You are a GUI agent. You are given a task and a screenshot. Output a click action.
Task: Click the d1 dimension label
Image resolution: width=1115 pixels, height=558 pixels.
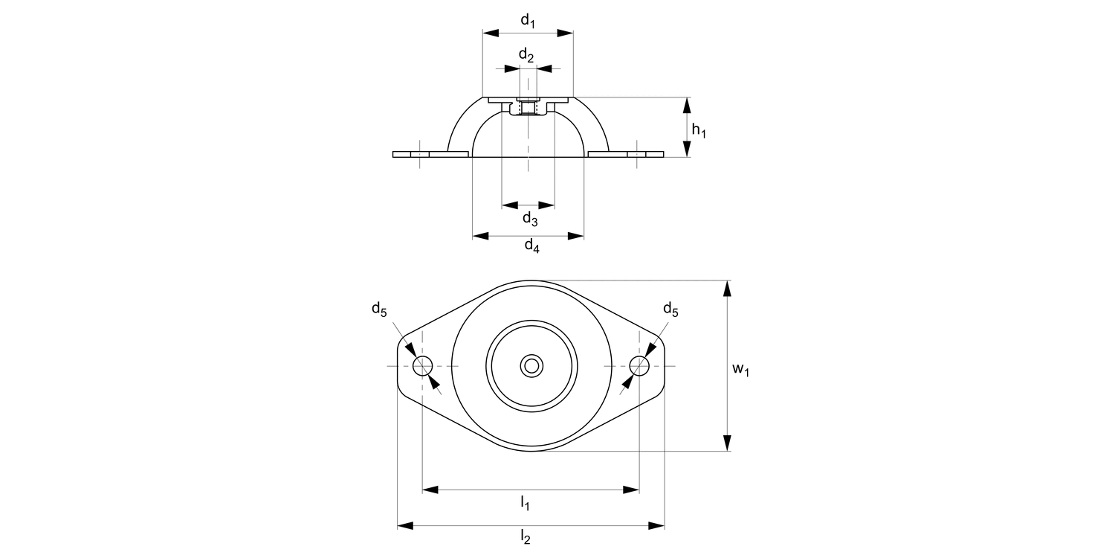(528, 21)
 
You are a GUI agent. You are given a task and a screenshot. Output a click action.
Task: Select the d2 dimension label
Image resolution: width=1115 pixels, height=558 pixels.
(526, 55)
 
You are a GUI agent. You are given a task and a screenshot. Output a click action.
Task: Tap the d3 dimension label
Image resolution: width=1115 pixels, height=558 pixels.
(529, 218)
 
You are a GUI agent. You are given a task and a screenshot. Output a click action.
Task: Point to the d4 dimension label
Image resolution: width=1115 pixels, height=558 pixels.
(531, 245)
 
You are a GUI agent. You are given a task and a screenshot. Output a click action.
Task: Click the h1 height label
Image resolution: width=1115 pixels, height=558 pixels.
(699, 130)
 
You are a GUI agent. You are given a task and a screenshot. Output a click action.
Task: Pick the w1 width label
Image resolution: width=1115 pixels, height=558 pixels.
(740, 369)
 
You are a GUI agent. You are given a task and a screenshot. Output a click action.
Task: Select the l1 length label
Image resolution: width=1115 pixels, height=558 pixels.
(525, 504)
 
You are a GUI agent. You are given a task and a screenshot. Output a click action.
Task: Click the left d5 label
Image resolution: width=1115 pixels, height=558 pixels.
(380, 310)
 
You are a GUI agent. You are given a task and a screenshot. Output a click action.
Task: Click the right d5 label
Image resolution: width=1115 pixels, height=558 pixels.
(670, 310)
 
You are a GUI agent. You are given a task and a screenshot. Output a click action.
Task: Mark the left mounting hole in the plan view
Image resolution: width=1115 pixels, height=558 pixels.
(423, 366)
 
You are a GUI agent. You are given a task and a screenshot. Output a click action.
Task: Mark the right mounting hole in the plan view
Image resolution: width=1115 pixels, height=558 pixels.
(639, 366)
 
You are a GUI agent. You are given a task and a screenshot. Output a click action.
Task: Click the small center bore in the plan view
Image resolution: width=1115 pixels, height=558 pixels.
(531, 365)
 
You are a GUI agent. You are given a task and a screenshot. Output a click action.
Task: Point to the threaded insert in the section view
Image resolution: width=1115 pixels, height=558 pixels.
(528, 109)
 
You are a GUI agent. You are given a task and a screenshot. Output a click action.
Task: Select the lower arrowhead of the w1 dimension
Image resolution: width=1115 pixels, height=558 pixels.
(728, 445)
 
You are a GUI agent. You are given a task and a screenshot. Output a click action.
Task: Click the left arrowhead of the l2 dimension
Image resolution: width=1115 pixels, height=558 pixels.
(404, 526)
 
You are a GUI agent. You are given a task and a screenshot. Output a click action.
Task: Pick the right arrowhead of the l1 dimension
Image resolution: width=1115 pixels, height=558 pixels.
(633, 490)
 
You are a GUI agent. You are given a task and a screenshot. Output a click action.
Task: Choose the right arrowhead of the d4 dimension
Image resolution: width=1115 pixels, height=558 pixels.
(577, 236)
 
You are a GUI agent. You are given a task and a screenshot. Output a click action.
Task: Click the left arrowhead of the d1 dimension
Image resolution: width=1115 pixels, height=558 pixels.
(489, 33)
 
